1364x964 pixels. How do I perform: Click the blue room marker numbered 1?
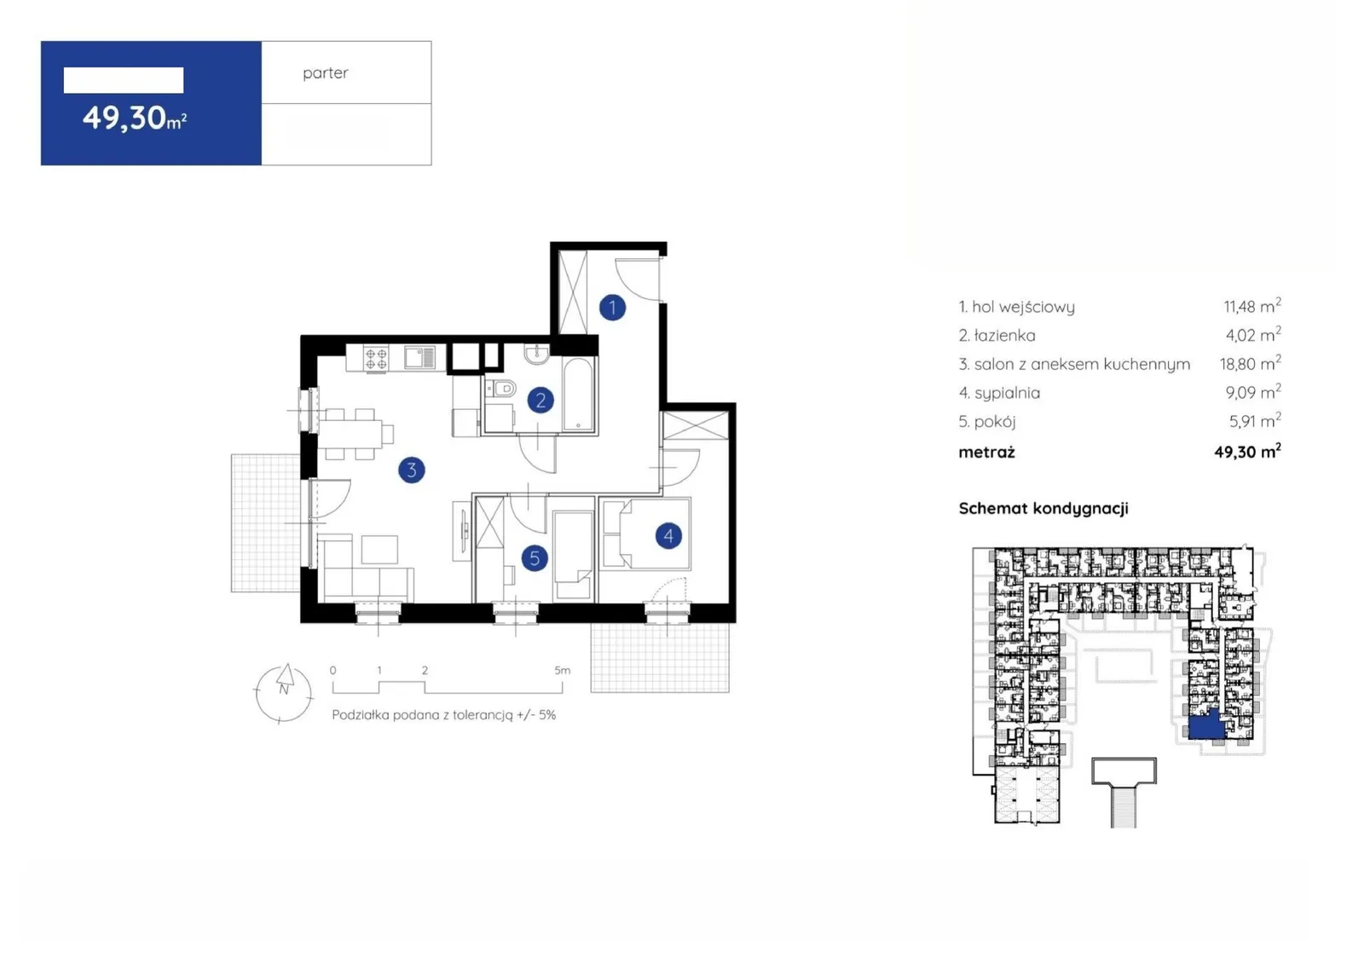pyautogui.click(x=612, y=308)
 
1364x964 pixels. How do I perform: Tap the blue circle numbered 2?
pyautogui.click(x=540, y=400)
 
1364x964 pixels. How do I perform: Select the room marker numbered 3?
pyautogui.click(x=412, y=470)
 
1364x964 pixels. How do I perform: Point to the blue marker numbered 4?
pyautogui.click(x=668, y=536)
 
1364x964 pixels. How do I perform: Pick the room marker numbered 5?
pyautogui.click(x=535, y=558)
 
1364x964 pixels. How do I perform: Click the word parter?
pyautogui.click(x=325, y=73)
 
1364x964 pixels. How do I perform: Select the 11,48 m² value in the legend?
pyautogui.click(x=1252, y=305)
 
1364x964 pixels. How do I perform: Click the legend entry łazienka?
pyautogui.click(x=1004, y=336)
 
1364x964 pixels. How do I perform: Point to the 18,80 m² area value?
pyautogui.click(x=1250, y=363)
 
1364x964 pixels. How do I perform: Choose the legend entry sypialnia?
pyautogui.click(x=1007, y=394)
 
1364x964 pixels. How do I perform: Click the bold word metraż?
pyautogui.click(x=986, y=452)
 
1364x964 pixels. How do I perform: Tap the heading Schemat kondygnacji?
pyautogui.click(x=1043, y=509)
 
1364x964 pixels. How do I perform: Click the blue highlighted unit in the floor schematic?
pyautogui.click(x=1206, y=726)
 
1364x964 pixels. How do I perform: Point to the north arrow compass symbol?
pyautogui.click(x=284, y=693)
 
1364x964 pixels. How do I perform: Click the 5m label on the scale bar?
pyautogui.click(x=562, y=671)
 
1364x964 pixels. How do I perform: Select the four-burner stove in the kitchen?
pyautogui.click(x=376, y=358)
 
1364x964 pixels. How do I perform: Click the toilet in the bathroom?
pyautogui.click(x=501, y=387)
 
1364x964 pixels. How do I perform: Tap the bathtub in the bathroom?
pyautogui.click(x=578, y=395)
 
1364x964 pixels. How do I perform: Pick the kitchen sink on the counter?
pyautogui.click(x=420, y=358)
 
